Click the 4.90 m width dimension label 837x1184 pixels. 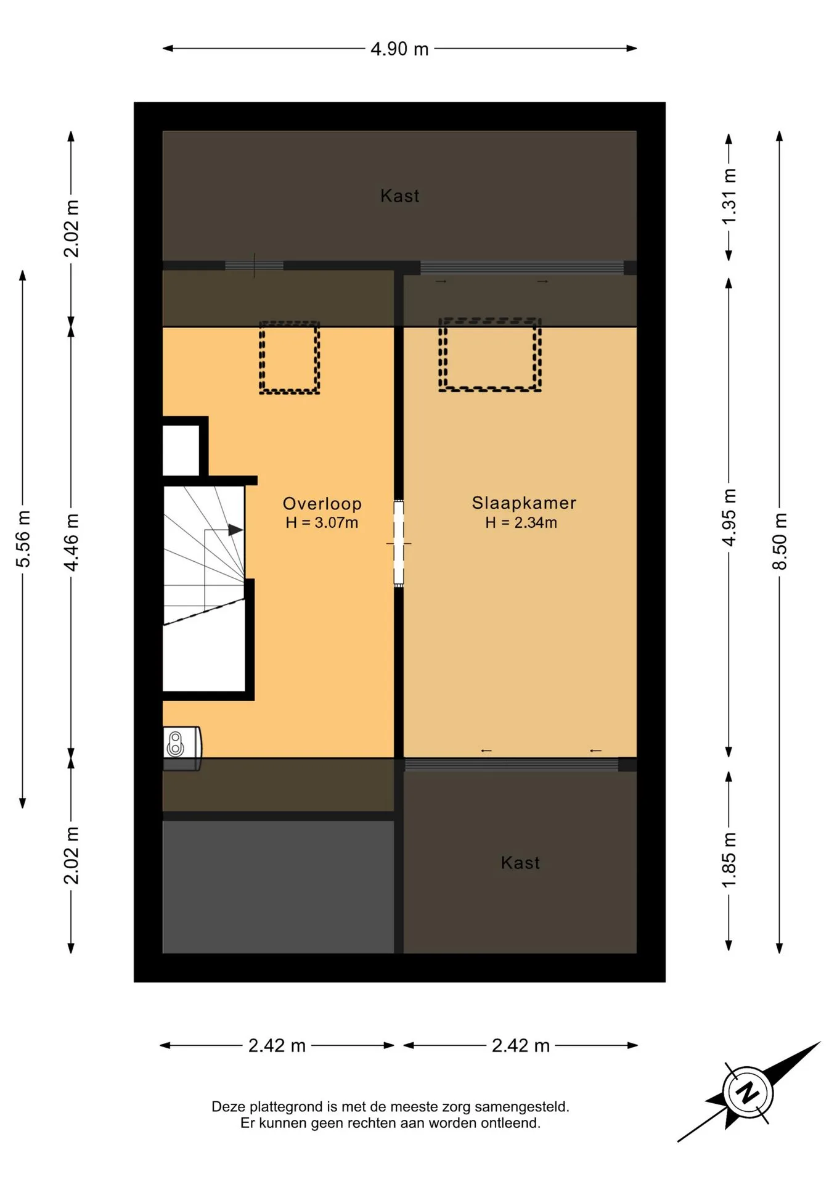click(x=399, y=49)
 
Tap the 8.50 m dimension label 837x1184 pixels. click(x=780, y=541)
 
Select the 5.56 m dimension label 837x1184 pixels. click(x=23, y=538)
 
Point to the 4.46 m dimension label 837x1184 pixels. click(x=71, y=542)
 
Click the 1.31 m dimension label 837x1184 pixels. click(x=729, y=197)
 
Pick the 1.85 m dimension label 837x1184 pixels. click(x=729, y=860)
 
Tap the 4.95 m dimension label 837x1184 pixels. click(x=729, y=517)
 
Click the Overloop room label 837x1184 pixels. click(x=322, y=503)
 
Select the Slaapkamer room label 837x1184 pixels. click(x=524, y=503)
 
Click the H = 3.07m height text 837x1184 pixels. click(x=322, y=523)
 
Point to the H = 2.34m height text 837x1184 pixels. click(x=521, y=523)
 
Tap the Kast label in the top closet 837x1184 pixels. click(x=400, y=196)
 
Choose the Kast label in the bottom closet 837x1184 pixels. click(x=520, y=863)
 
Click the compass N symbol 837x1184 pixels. click(x=748, y=1092)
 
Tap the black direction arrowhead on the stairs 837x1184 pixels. click(x=235, y=530)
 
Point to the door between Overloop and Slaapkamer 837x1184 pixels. click(x=399, y=543)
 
